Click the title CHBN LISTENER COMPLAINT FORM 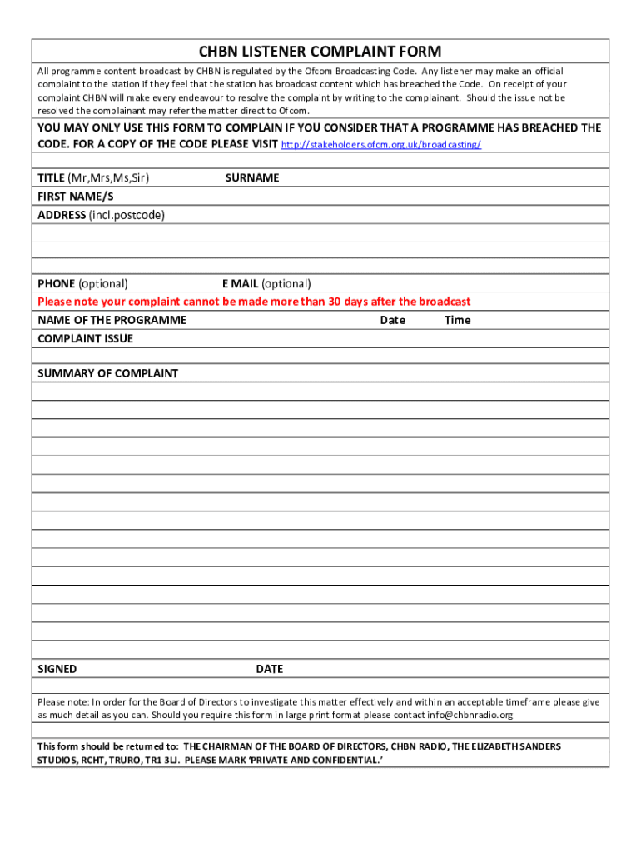pos(320,52)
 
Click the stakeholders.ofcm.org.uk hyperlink pos(381,145)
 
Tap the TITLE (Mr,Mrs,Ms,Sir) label pos(93,177)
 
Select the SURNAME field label pos(252,177)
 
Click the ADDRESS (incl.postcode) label pos(101,215)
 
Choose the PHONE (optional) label pos(82,283)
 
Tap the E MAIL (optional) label pos(266,283)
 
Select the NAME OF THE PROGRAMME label pos(112,320)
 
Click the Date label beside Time pos(393,320)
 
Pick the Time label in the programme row pos(457,320)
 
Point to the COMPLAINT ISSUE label pos(85,338)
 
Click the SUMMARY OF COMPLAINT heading pos(107,373)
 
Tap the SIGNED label pos(57,669)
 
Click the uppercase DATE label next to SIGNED pos(270,669)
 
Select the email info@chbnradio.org pos(470,715)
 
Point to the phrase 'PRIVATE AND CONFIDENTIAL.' pos(317,761)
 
